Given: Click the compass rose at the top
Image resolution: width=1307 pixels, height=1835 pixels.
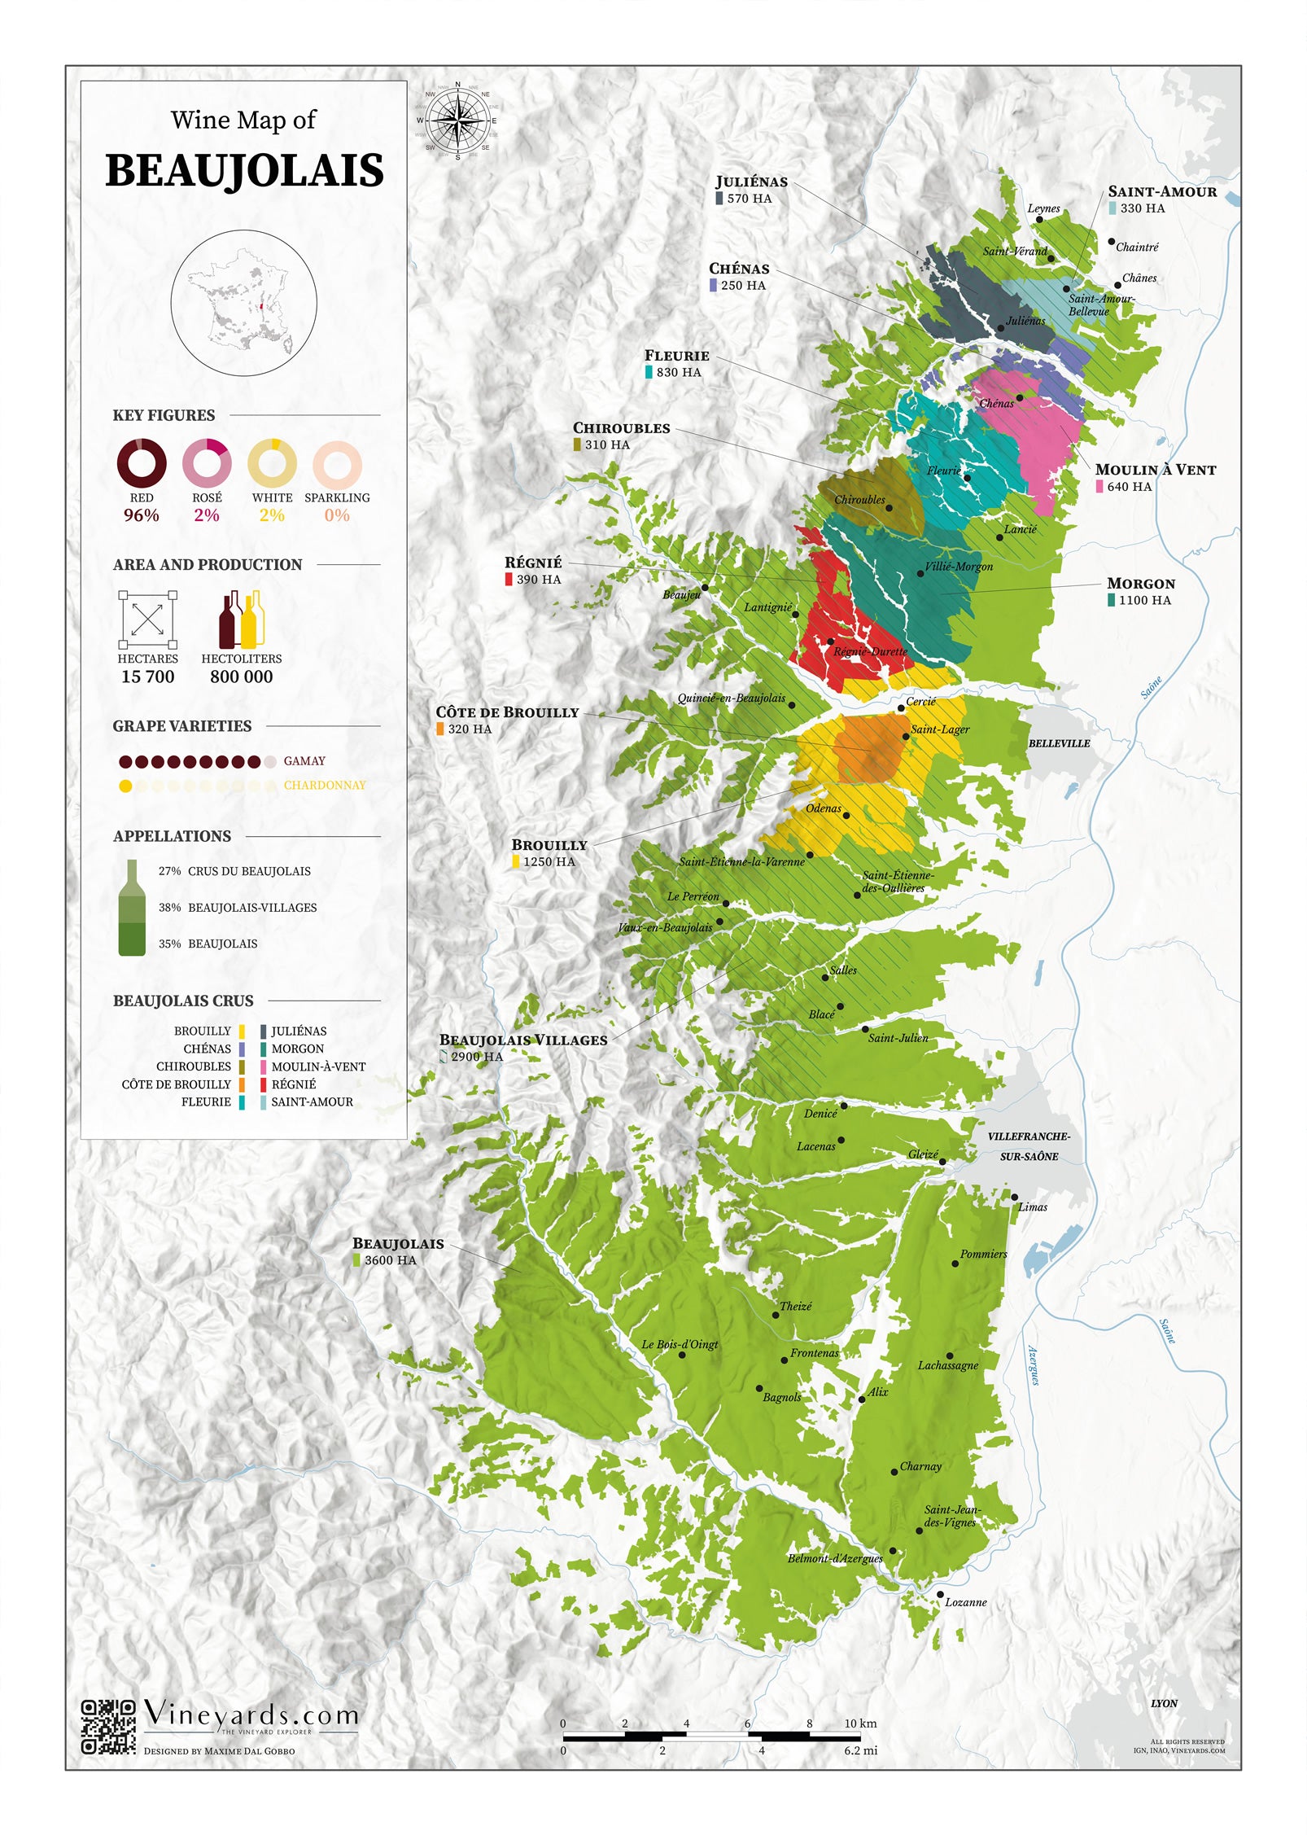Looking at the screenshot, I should click(457, 120).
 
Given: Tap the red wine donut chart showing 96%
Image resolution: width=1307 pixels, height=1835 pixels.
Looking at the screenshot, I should click(141, 464).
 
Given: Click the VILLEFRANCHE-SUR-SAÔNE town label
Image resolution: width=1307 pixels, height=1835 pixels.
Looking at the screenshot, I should click(1029, 1145).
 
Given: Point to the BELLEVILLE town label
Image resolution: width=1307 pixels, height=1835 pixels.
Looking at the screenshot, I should click(1059, 743).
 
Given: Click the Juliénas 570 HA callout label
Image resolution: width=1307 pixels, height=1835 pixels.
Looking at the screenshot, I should click(750, 189).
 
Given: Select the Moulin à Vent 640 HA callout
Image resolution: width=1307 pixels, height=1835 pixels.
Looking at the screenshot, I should click(1154, 477).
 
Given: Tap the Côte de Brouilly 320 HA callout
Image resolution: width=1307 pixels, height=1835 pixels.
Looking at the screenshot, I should click(506, 720).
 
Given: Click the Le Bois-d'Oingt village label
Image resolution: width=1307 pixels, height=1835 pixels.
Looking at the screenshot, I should click(680, 1344).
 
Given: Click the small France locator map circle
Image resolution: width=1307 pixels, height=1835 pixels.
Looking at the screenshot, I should click(243, 303).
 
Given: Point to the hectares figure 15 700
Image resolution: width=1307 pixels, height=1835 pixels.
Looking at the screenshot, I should click(147, 677).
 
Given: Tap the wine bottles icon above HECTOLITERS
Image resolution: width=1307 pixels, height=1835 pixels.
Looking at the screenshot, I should click(242, 619).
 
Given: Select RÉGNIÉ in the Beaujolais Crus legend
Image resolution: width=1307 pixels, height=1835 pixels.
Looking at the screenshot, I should click(293, 1084).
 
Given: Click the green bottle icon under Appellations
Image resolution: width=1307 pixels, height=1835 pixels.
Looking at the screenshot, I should click(132, 908).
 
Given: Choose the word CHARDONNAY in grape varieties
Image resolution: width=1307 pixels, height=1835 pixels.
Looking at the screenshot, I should click(324, 785).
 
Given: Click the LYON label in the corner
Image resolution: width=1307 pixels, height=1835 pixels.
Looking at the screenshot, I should click(1164, 1703).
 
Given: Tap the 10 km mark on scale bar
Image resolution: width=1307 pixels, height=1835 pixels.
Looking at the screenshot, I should click(859, 1723).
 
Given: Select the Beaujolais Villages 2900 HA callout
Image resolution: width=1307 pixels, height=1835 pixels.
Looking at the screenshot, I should click(522, 1048).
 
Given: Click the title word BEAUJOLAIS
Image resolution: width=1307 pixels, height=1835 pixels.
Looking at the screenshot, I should click(244, 170).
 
